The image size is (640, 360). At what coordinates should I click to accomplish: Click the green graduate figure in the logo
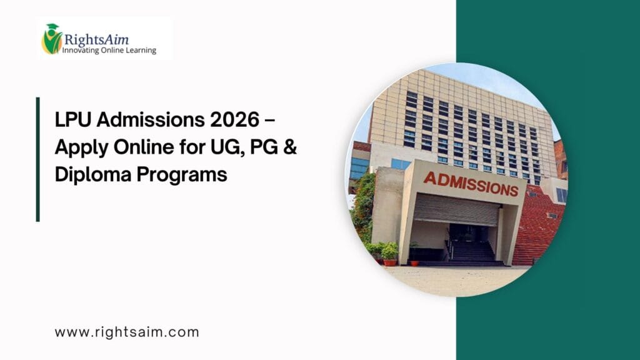(51, 39)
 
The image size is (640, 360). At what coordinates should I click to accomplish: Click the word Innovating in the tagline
(81, 51)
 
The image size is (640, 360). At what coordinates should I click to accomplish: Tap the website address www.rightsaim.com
(127, 332)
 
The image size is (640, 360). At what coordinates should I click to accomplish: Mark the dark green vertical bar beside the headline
(37, 159)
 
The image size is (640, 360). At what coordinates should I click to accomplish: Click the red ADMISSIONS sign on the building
(471, 182)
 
